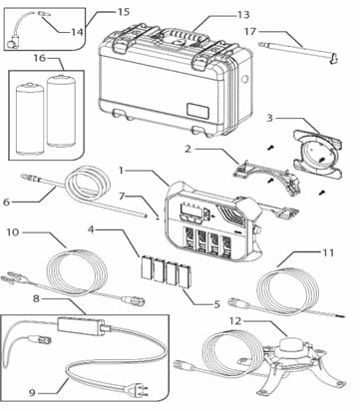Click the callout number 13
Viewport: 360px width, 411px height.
click(x=243, y=15)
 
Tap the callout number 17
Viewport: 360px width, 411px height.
click(x=250, y=32)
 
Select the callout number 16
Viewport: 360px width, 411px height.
click(x=39, y=58)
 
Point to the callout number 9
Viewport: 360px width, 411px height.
click(x=32, y=393)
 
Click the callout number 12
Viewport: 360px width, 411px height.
click(x=235, y=321)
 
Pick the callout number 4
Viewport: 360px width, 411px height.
click(x=92, y=229)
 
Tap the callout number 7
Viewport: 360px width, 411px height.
click(x=122, y=196)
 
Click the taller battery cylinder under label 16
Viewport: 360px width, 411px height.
click(x=60, y=111)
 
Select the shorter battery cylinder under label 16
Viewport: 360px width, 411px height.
click(x=30, y=119)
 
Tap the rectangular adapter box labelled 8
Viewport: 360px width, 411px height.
click(x=82, y=324)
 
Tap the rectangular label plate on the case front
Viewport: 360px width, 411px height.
click(x=198, y=110)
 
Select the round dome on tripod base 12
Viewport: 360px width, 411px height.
click(x=290, y=345)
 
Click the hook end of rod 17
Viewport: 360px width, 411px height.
click(x=334, y=59)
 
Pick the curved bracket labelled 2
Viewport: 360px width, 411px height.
click(x=267, y=176)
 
